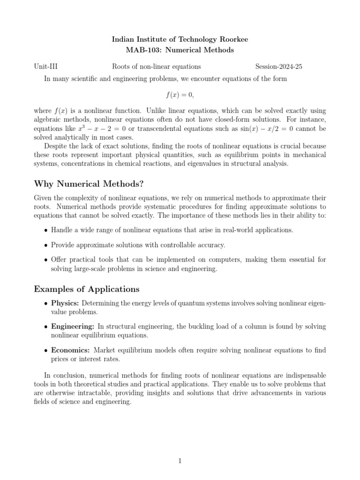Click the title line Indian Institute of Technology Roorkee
click(x=180, y=39)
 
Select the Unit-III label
click(x=46, y=67)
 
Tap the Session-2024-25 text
click(x=278, y=67)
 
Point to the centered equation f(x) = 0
click(x=180, y=95)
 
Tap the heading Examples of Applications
click(x=87, y=288)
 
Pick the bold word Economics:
click(x=72, y=351)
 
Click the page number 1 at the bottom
click(x=180, y=461)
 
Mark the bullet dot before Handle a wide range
click(x=45, y=230)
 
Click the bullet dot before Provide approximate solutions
click(x=45, y=245)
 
